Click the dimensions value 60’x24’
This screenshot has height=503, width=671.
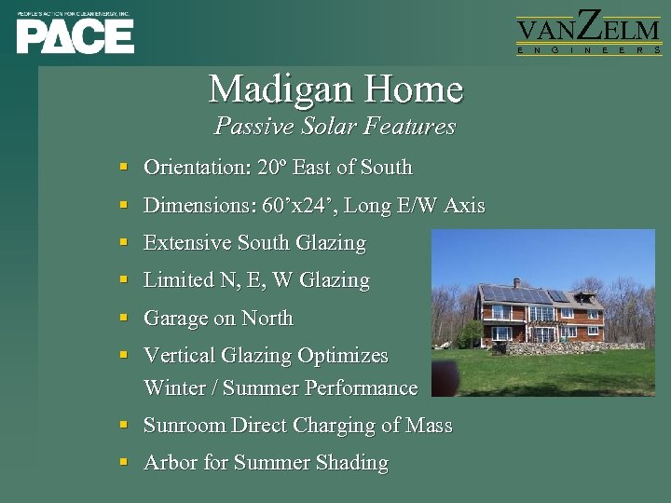pos(298,205)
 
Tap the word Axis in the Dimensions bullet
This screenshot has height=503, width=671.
pos(464,205)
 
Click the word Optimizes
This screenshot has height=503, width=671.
pos(342,356)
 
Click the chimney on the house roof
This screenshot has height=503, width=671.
pos(516,282)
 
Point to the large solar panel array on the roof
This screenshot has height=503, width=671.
pos(516,296)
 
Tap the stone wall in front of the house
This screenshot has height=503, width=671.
pos(550,348)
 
